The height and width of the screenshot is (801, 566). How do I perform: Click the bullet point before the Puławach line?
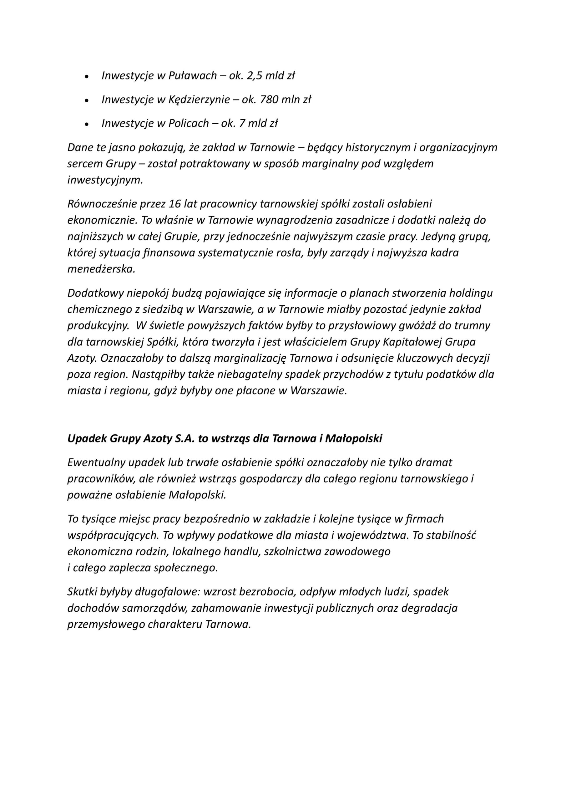coord(87,77)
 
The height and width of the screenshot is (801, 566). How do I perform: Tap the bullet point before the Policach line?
coord(87,124)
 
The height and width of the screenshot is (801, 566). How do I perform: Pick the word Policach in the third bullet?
coord(189,124)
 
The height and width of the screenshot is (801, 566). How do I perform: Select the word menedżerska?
coord(101,269)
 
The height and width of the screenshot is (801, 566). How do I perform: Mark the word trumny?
coord(473,325)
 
